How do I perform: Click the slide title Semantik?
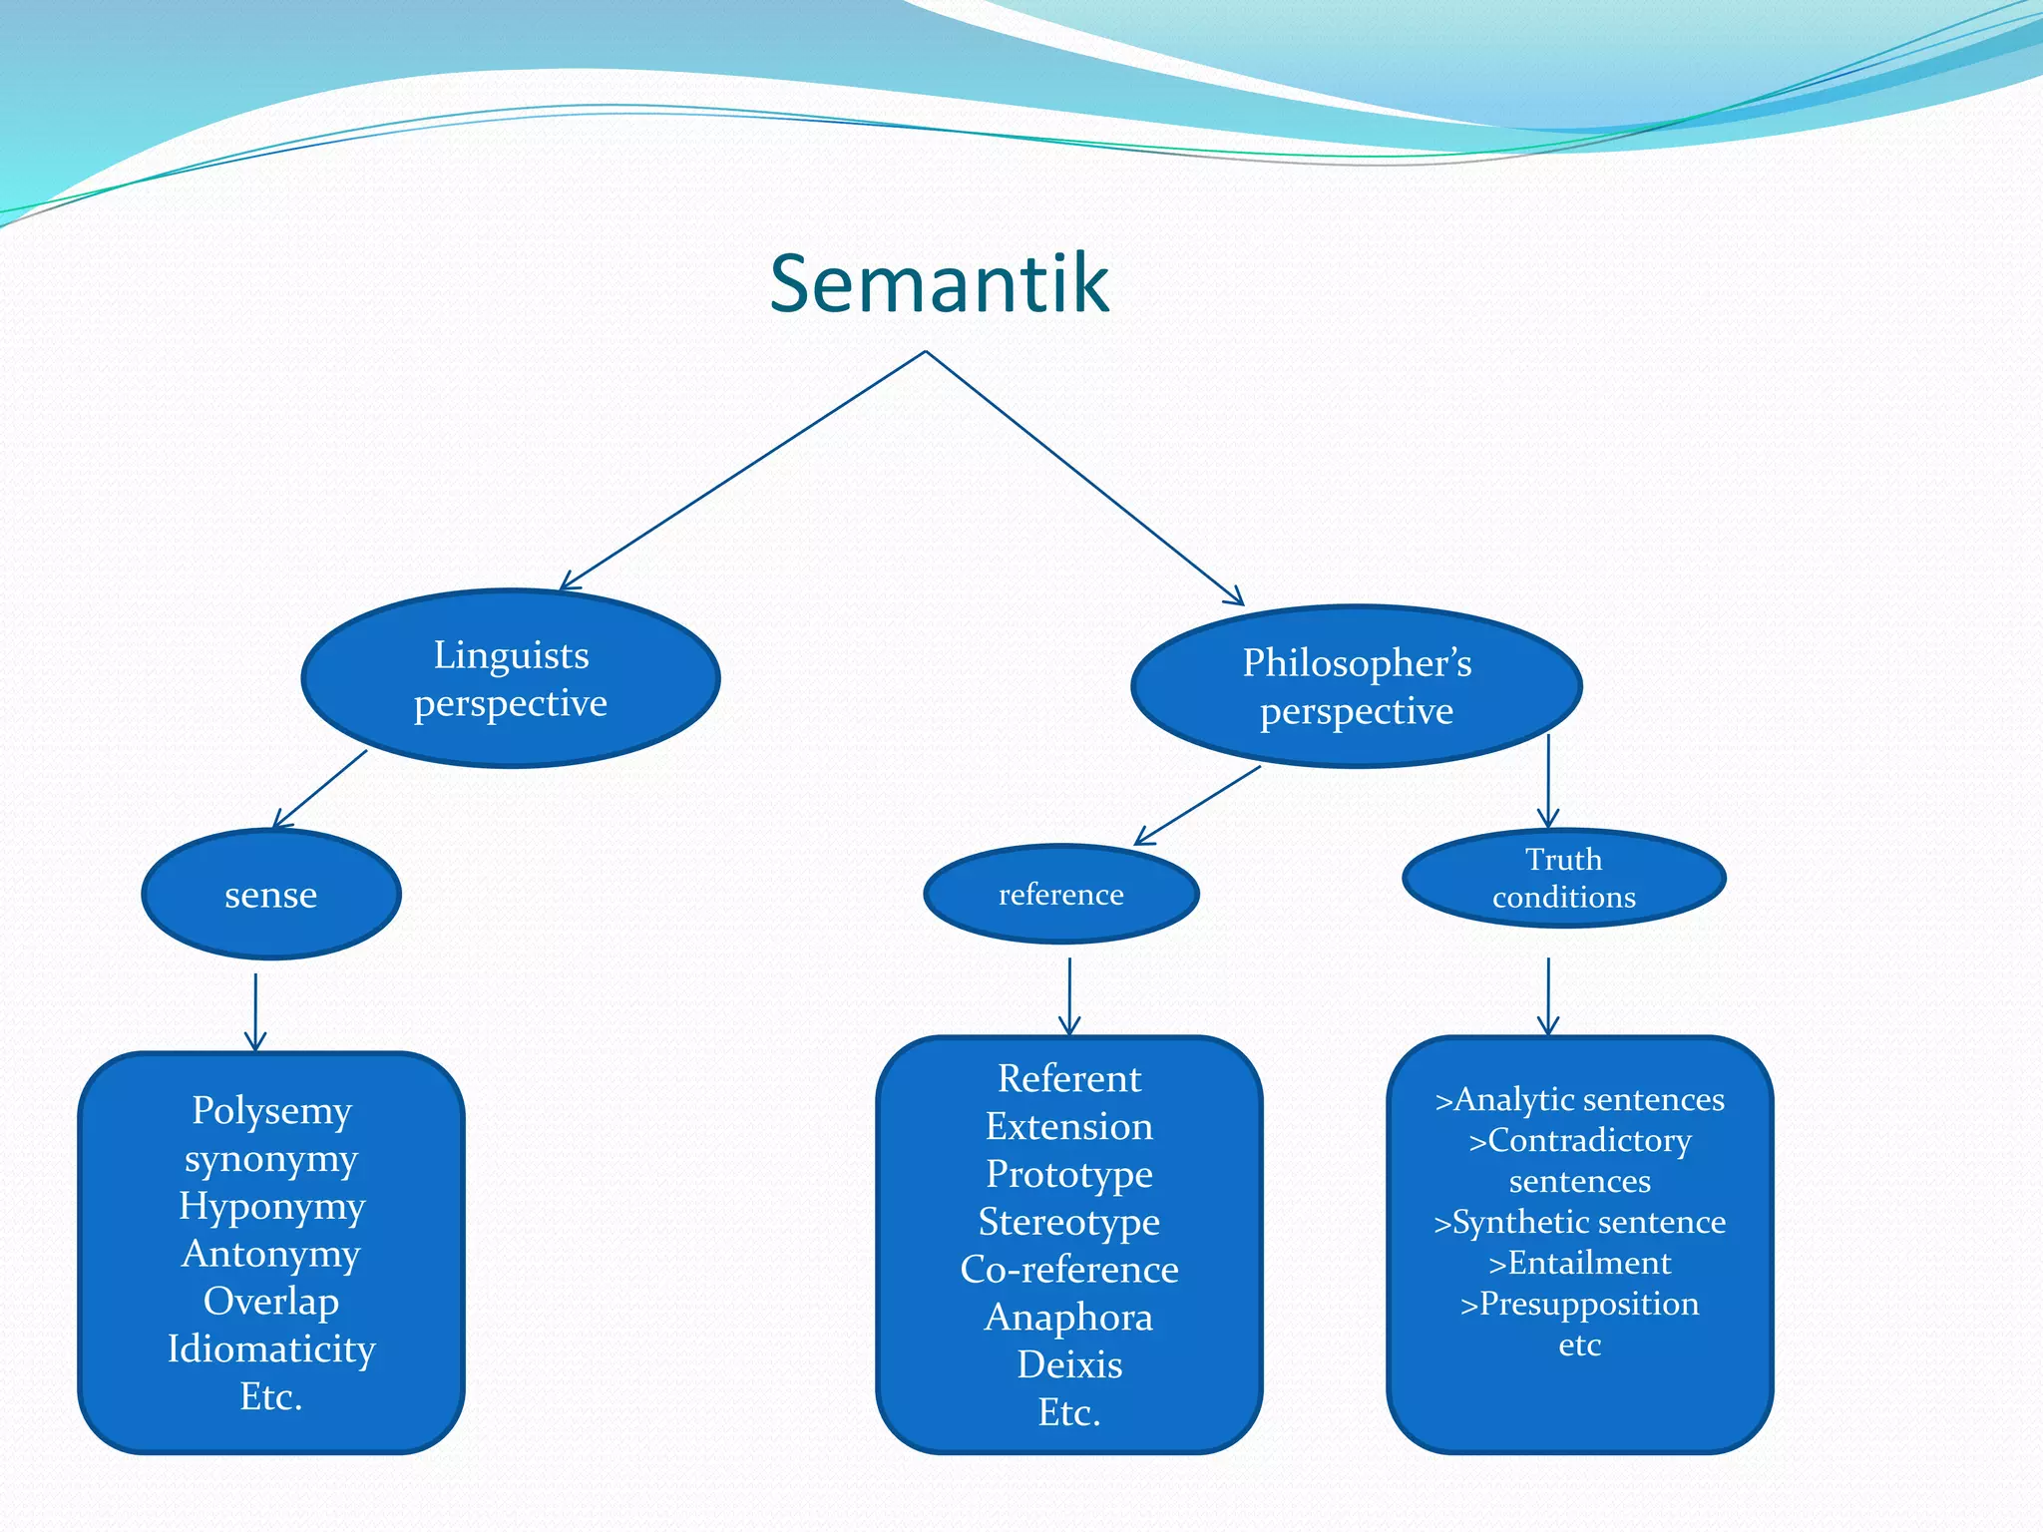pyautogui.click(x=939, y=284)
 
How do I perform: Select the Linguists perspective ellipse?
pyautogui.click(x=511, y=678)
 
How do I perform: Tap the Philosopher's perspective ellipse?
pyautogui.click(x=1357, y=686)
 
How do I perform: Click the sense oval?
pyautogui.click(x=271, y=894)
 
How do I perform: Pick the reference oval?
pyautogui.click(x=1060, y=894)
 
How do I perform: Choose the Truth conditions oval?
pyautogui.click(x=1563, y=878)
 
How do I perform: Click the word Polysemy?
pyautogui.click(x=271, y=1110)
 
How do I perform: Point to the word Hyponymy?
pyautogui.click(x=271, y=1206)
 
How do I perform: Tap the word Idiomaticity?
pyautogui.click(x=271, y=1348)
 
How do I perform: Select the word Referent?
pyautogui.click(x=1069, y=1078)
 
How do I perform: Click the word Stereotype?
pyautogui.click(x=1069, y=1221)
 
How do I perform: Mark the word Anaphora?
pyautogui.click(x=1069, y=1317)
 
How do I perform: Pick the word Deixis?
pyautogui.click(x=1069, y=1364)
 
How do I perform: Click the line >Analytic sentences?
pyautogui.click(x=1579, y=1099)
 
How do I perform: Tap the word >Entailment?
pyautogui.click(x=1579, y=1263)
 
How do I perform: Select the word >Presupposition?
pyautogui.click(x=1579, y=1304)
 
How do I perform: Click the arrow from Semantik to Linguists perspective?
pyautogui.click(x=743, y=470)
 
